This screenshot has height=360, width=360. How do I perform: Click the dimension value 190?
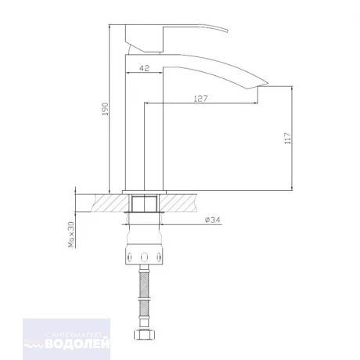[x=105, y=109]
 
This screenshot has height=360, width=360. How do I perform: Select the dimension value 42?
[x=145, y=68]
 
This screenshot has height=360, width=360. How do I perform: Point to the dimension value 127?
[x=200, y=99]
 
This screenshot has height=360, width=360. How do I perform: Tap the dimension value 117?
[x=287, y=139]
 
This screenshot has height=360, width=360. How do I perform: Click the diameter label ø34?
[x=213, y=220]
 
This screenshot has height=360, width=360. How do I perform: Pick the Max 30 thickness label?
[x=71, y=235]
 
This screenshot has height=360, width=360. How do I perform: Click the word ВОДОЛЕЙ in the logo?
[x=77, y=343]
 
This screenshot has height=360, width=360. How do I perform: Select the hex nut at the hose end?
[x=145, y=335]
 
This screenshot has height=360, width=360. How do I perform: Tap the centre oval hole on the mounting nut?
[x=144, y=257]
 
